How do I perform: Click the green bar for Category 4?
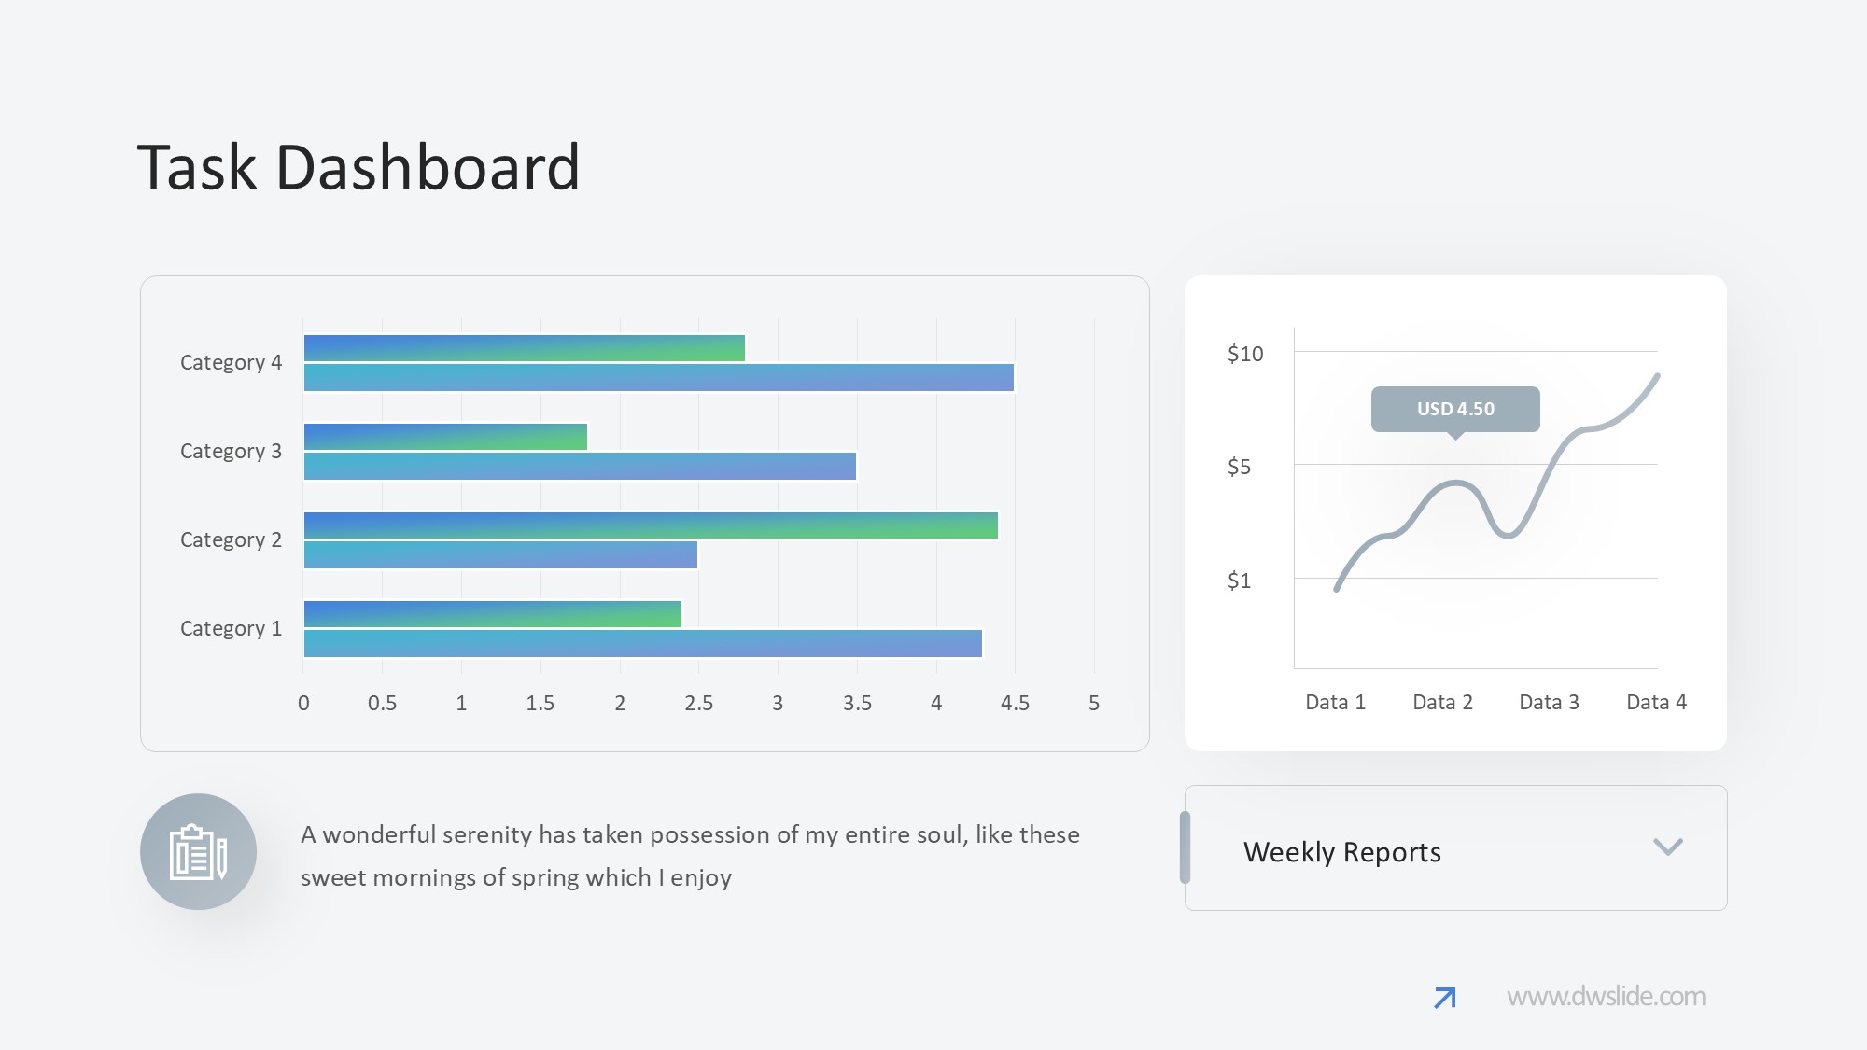[x=525, y=348]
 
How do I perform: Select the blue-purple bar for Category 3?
[x=580, y=467]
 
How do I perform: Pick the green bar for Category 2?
[x=651, y=525]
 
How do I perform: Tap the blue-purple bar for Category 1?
[x=643, y=644]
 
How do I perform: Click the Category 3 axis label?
[x=231, y=452]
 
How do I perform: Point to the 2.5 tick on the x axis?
[x=698, y=704]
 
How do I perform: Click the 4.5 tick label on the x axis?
[x=1015, y=704]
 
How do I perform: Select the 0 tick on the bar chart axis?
[x=303, y=704]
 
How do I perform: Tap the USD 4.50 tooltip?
[x=1455, y=409]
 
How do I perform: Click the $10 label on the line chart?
[x=1245, y=354]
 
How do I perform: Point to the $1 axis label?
[x=1239, y=581]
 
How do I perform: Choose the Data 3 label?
[x=1549, y=703]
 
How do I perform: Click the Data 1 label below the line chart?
[x=1335, y=703]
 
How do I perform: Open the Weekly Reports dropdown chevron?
[x=1667, y=847]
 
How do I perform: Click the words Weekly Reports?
[x=1341, y=852]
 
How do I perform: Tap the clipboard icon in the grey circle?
[x=198, y=851]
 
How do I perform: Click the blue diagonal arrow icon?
[x=1444, y=998]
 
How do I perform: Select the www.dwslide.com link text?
[x=1606, y=997]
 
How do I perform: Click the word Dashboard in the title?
[x=428, y=168]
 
